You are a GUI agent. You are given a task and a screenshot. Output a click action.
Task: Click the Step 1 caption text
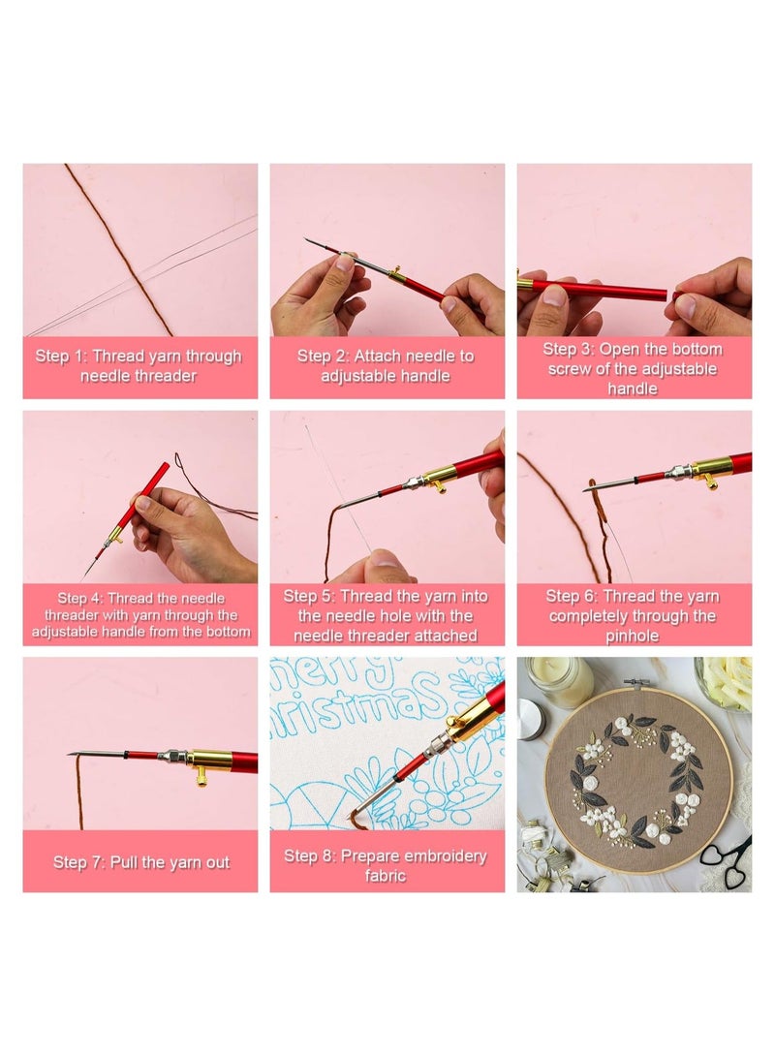tap(139, 366)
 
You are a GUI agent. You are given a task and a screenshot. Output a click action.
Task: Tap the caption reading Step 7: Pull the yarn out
tap(141, 862)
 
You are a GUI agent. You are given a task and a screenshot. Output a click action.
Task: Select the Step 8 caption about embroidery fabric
tap(386, 865)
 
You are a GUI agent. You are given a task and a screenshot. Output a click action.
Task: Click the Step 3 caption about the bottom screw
tap(634, 368)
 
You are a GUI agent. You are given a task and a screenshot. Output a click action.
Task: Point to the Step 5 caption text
tap(386, 615)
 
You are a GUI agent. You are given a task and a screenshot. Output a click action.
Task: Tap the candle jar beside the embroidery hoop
tap(559, 683)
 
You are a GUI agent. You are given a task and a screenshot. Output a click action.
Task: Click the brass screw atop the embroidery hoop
tap(635, 684)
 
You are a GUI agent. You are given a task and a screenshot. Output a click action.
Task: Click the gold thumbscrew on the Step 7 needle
tap(202, 772)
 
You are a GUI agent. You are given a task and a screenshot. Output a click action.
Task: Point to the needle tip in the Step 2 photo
tap(308, 240)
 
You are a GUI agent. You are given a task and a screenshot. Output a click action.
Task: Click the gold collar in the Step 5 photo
tap(441, 474)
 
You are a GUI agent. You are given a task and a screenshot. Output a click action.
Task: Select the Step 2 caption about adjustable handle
tap(386, 366)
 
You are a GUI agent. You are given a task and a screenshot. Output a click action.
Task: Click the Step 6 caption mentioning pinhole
tap(634, 615)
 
